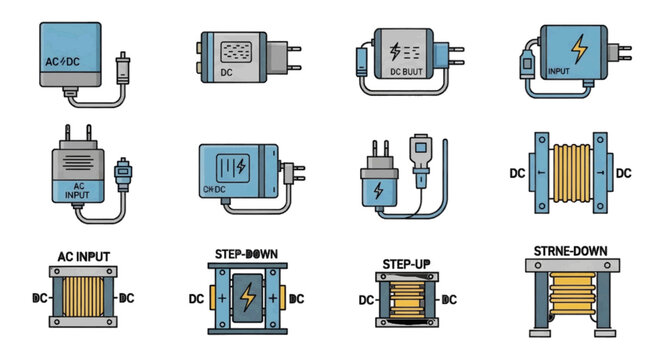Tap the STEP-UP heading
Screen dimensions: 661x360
[407, 264]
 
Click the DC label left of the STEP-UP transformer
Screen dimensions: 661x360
[367, 299]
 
